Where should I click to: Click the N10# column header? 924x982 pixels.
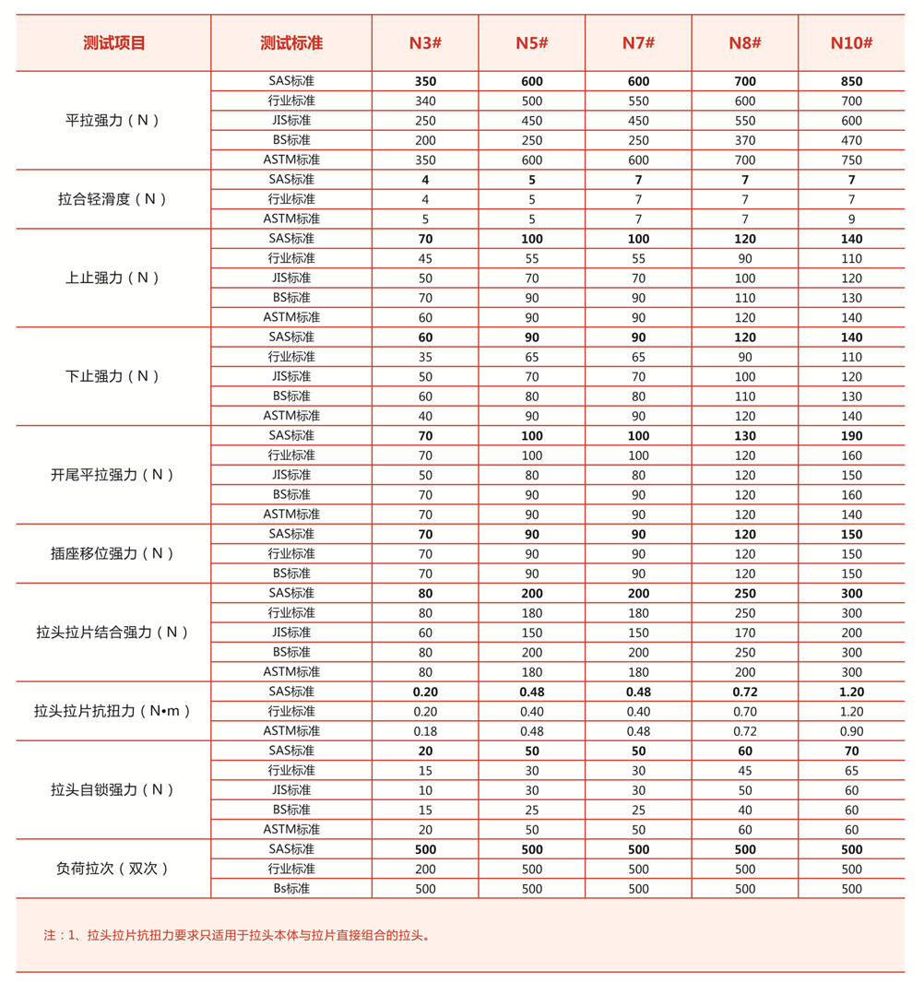coord(851,42)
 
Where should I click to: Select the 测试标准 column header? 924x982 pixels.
coord(291,42)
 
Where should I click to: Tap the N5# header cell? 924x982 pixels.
coord(532,42)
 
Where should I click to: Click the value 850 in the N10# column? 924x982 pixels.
coord(851,81)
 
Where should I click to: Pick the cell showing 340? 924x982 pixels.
coord(425,101)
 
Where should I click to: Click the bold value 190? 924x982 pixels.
coord(851,435)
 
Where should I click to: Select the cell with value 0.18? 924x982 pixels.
coord(425,731)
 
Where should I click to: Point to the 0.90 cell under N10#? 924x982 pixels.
coord(851,731)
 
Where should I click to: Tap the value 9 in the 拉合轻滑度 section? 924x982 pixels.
coord(851,219)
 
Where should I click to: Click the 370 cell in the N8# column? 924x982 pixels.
coord(744,140)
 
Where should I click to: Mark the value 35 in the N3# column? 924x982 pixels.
coord(425,357)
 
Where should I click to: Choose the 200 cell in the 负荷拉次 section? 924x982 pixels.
coord(425,869)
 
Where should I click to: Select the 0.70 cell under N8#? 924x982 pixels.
coord(744,712)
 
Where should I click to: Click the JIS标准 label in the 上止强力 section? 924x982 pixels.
coord(291,278)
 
